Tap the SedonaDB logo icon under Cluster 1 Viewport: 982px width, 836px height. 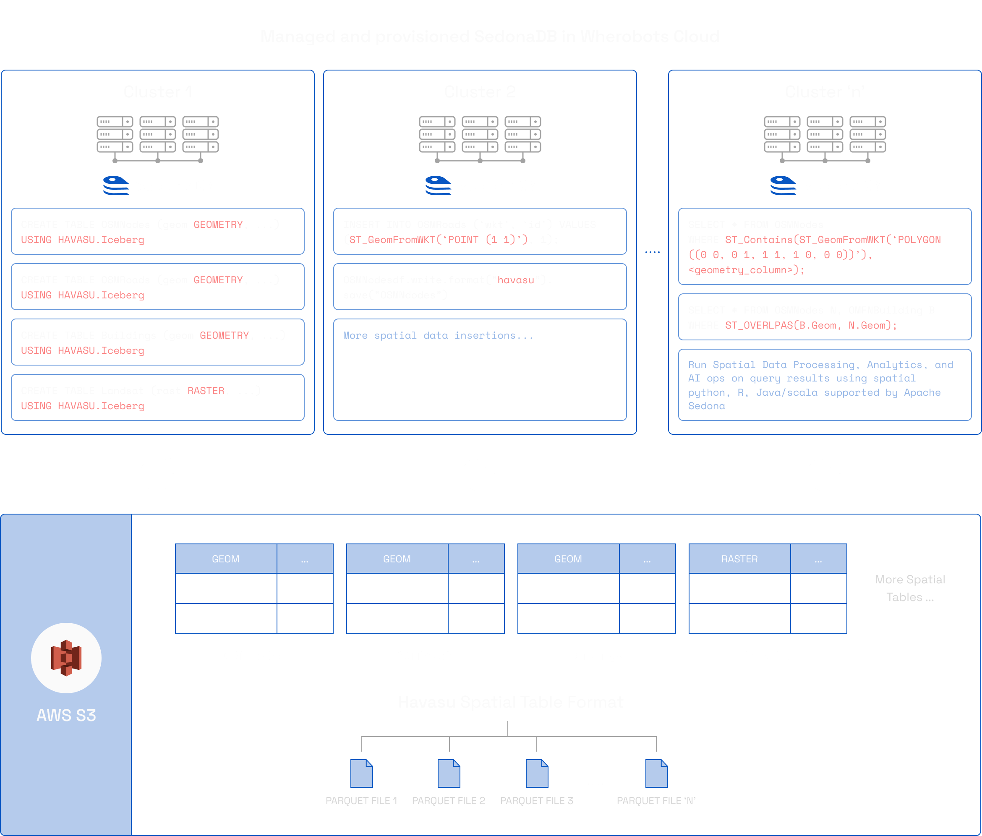116,185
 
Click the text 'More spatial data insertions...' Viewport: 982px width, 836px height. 438,336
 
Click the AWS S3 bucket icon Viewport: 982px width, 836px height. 66,658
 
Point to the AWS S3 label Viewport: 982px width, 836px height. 66,715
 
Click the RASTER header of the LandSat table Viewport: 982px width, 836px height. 739,559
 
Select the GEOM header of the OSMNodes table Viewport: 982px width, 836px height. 226,559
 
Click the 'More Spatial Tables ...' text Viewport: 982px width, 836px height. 910,588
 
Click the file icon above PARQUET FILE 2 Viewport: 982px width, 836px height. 449,773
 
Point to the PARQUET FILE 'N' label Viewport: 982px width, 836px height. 656,800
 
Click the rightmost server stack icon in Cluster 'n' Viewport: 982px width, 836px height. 867,135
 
